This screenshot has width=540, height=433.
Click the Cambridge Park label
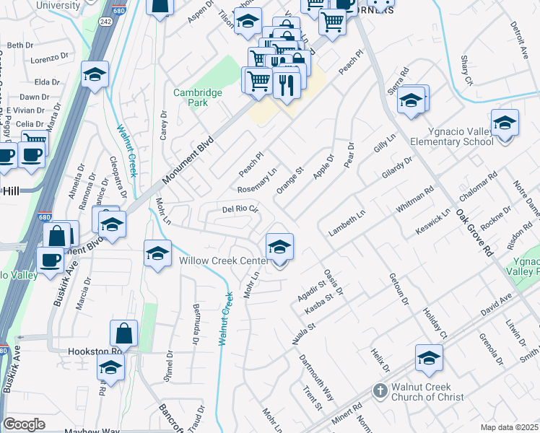tap(191, 97)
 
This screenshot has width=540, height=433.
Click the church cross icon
tap(380, 391)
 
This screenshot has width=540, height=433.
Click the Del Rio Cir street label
tap(240, 210)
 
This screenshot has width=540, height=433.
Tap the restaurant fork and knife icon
tap(287, 85)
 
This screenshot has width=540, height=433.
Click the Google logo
tap(24, 424)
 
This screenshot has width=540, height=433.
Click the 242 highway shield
tap(104, 22)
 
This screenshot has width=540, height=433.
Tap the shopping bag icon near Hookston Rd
tap(123, 334)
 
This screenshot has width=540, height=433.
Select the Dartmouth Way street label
tap(318, 375)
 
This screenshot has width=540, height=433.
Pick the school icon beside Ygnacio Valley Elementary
tap(505, 123)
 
